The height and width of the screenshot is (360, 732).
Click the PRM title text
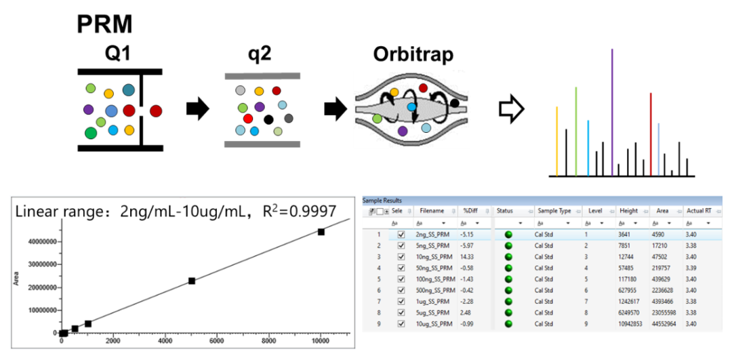point(104,24)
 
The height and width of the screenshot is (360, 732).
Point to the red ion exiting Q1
point(155,111)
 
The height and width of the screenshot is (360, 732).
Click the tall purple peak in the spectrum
point(612,113)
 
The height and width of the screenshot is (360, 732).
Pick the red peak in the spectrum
point(651,134)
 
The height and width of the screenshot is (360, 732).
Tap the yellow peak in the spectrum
point(557,142)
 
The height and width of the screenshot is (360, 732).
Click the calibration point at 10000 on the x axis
point(321,232)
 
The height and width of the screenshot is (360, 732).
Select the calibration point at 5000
point(191,281)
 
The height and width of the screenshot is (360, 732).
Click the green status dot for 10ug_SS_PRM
point(508,323)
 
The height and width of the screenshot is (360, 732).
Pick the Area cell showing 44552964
point(665,323)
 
